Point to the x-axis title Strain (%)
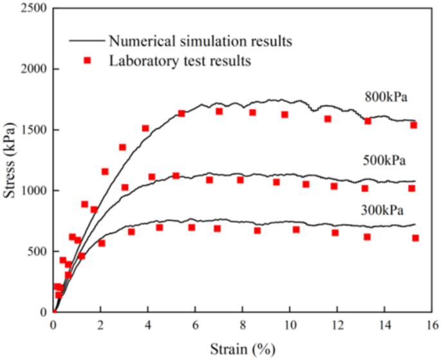(243, 350)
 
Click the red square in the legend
(87, 61)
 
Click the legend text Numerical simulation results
(201, 41)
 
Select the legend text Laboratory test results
(180, 61)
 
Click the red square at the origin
(54, 312)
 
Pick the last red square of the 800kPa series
(414, 125)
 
